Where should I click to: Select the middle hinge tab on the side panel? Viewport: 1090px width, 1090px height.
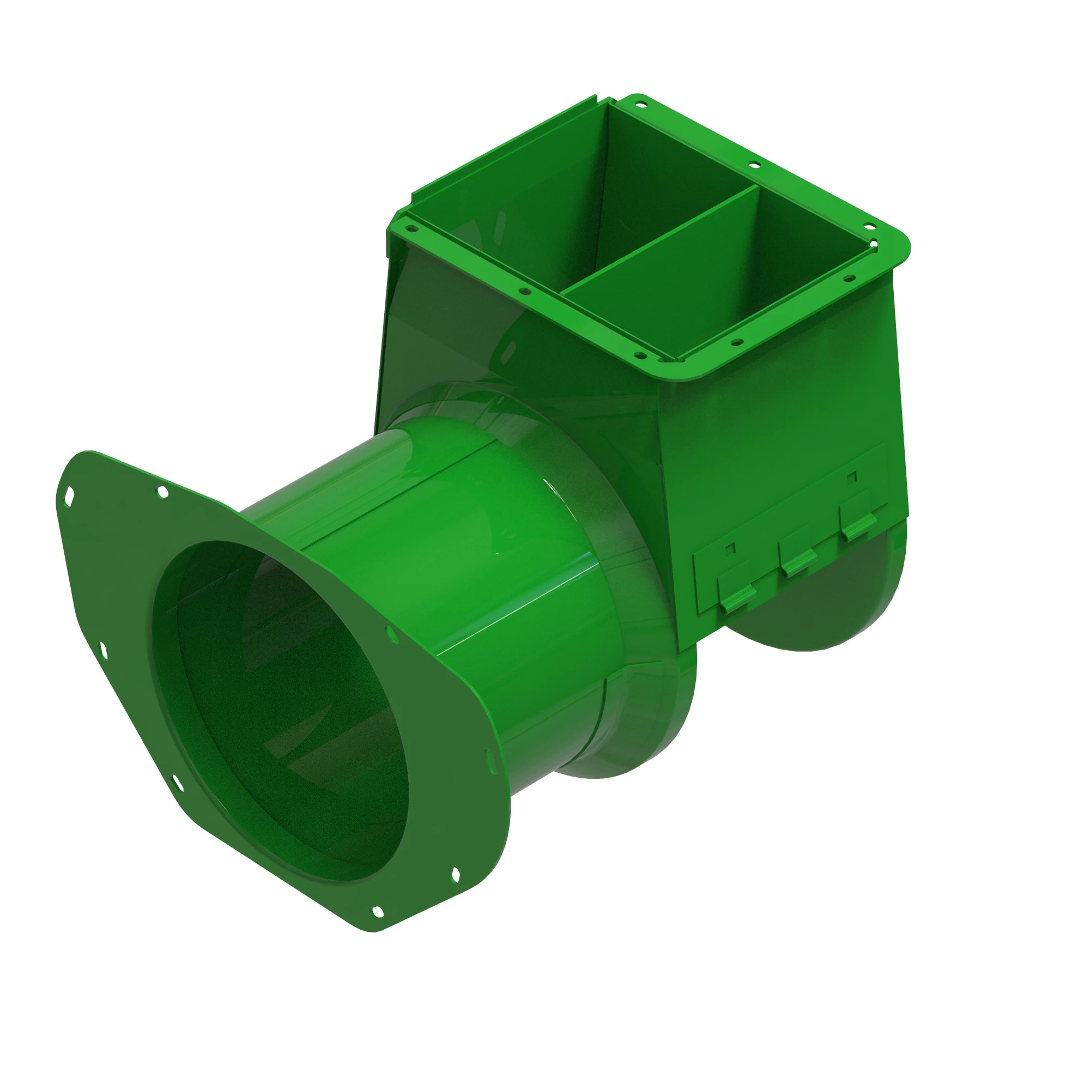coord(797,560)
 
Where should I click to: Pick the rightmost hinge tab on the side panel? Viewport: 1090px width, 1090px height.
coord(859,524)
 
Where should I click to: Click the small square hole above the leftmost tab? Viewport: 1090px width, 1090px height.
coord(731,548)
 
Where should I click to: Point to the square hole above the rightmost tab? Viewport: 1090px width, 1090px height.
coord(852,477)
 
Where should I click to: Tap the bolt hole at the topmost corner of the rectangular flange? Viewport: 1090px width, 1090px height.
coord(640,104)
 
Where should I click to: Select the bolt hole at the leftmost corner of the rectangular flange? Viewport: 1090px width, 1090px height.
coord(411,228)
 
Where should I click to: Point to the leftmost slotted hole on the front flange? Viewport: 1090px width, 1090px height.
coord(69,496)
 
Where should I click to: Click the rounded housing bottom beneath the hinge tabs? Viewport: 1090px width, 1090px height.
coord(818,621)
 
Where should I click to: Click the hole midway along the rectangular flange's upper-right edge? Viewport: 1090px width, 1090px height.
coord(754,165)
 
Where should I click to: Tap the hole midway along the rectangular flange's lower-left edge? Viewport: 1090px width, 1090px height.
coord(524,292)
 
